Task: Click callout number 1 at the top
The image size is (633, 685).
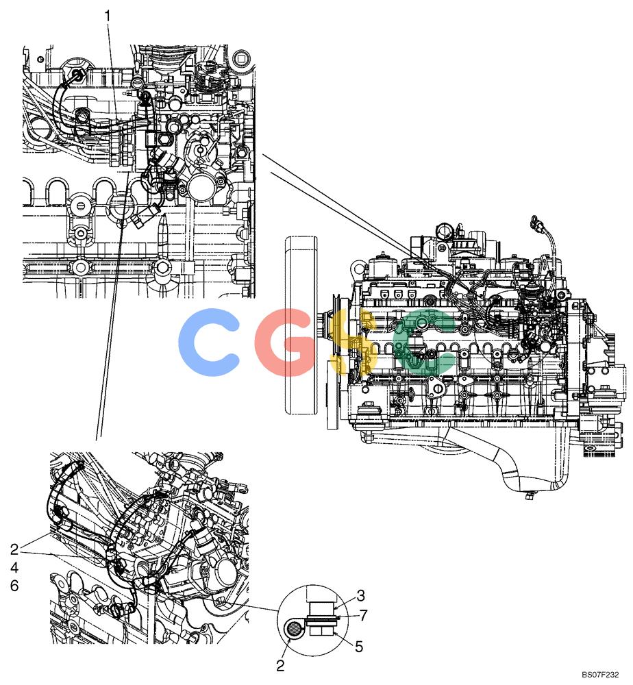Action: pyautogui.click(x=108, y=16)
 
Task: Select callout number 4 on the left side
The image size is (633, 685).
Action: pyautogui.click(x=14, y=567)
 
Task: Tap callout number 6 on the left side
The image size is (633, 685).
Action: pyautogui.click(x=14, y=586)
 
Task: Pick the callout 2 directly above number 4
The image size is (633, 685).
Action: pyautogui.click(x=14, y=549)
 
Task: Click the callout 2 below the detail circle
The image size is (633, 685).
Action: pyautogui.click(x=280, y=665)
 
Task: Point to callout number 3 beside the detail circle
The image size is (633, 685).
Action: pyautogui.click(x=360, y=595)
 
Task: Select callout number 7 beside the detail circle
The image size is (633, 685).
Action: pyautogui.click(x=363, y=615)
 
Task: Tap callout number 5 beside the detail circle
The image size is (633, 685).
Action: pyautogui.click(x=359, y=647)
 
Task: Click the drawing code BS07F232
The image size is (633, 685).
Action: pyautogui.click(x=600, y=675)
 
